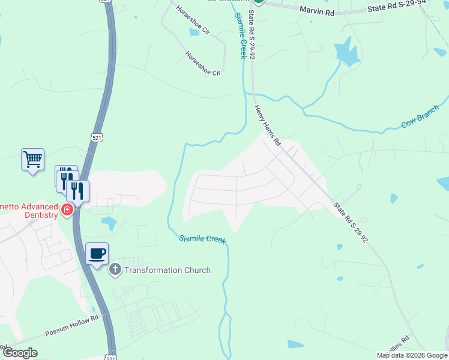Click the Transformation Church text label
[167, 270]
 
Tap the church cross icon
[115, 270]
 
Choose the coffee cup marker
[97, 253]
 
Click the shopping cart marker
[32, 160]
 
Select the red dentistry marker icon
[67, 211]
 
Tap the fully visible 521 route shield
[97, 138]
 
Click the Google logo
[20, 353]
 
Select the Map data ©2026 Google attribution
[412, 355]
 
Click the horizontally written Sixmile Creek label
[202, 239]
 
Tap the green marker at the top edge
[258, 2]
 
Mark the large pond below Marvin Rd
[346, 52]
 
